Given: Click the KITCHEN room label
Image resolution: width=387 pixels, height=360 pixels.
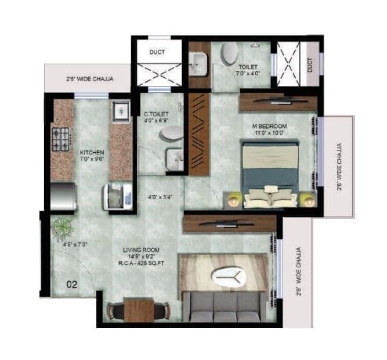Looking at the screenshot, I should (x=92, y=152).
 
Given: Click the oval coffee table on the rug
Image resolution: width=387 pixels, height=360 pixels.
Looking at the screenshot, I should (x=229, y=279).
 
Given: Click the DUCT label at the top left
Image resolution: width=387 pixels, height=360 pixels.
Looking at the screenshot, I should (x=157, y=52).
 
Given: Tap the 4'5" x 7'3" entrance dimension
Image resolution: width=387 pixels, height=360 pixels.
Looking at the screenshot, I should (x=75, y=244).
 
